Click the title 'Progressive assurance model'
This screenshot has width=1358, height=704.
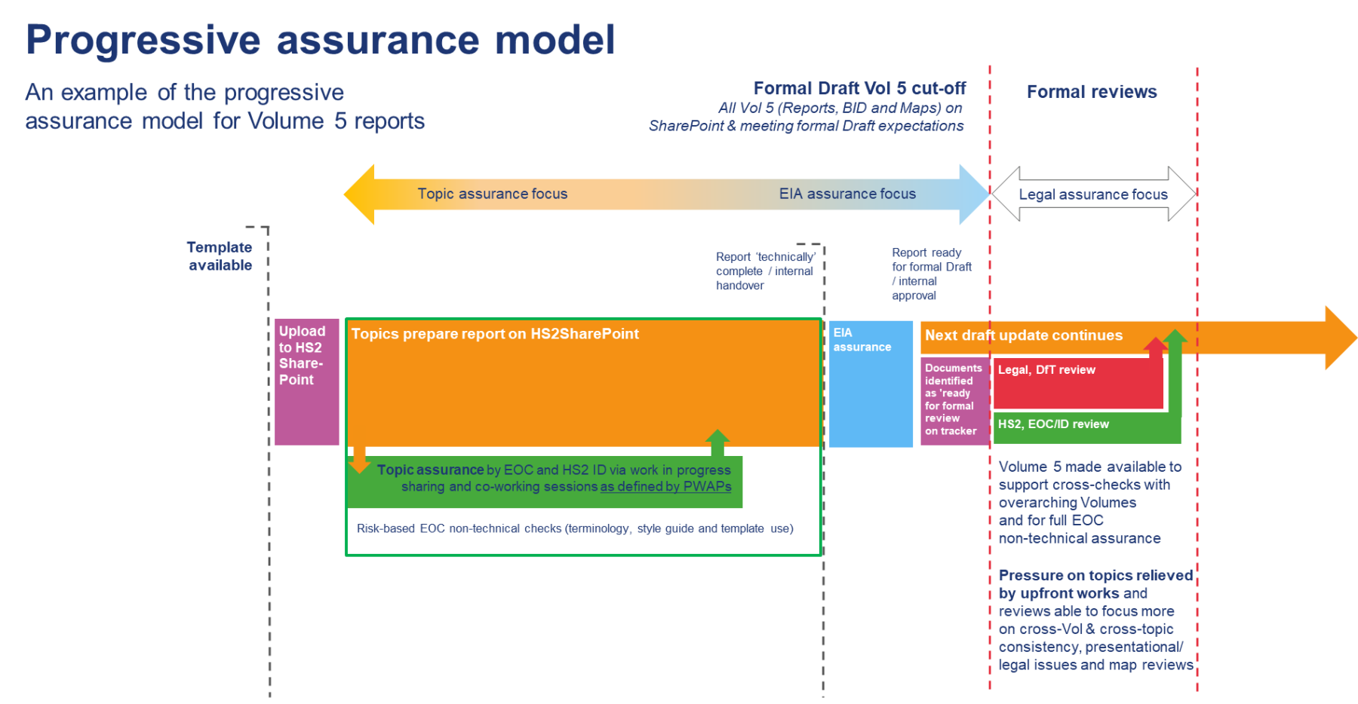tap(320, 40)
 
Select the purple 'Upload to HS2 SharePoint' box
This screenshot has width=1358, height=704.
tap(306, 382)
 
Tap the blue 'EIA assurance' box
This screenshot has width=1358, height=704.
tap(871, 384)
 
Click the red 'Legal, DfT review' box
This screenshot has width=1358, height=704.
tap(1077, 384)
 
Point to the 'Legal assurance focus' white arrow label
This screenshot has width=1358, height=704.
tap(1092, 194)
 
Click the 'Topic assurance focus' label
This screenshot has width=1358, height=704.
tap(492, 194)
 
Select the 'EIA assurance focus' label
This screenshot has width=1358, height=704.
tap(847, 194)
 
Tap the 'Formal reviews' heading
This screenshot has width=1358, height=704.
tap(1091, 92)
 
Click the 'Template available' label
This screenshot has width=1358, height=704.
tap(220, 256)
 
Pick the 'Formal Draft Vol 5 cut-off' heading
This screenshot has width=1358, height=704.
tap(859, 89)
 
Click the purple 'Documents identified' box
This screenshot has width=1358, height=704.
tap(953, 399)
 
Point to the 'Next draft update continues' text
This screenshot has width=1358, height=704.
tap(1023, 335)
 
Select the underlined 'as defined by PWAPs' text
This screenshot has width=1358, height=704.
tap(665, 487)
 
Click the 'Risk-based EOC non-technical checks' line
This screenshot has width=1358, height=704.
tap(575, 528)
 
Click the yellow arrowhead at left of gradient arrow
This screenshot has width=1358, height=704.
tap(359, 194)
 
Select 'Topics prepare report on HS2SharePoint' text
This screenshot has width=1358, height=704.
tap(495, 334)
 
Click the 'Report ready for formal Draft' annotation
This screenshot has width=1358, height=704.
tap(930, 274)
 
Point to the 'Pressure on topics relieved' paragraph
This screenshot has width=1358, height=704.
tap(1095, 620)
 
